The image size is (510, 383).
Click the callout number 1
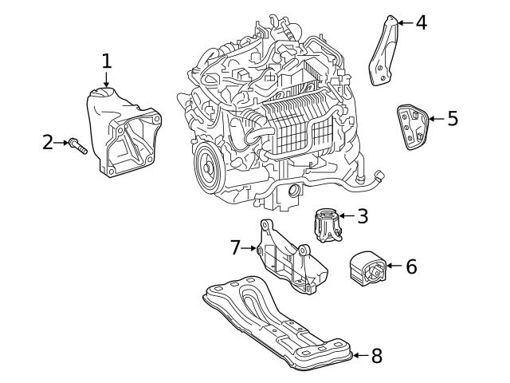click(107, 61)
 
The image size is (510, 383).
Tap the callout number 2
click(48, 143)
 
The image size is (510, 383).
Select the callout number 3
click(363, 216)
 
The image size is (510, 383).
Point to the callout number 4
click(421, 22)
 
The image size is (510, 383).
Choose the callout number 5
click(452, 120)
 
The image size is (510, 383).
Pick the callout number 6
click(411, 267)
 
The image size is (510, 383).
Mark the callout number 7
click(235, 248)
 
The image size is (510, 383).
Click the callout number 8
click(376, 356)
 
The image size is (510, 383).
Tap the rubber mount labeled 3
click(327, 224)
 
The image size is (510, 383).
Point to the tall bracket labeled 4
click(385, 52)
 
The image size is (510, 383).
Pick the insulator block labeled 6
click(367, 268)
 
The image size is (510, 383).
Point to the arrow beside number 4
click(404, 22)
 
